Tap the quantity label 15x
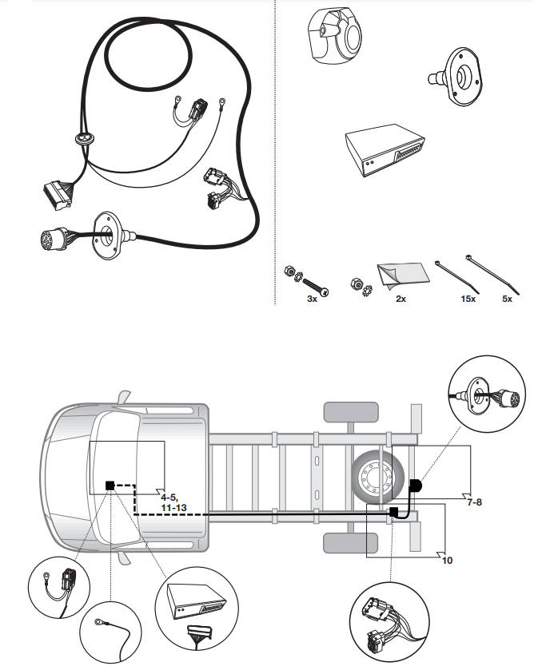(468, 299)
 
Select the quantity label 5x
(506, 299)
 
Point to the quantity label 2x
(401, 299)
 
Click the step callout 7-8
(474, 502)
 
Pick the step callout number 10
(448, 560)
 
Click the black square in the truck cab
(111, 485)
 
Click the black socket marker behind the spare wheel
(416, 486)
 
